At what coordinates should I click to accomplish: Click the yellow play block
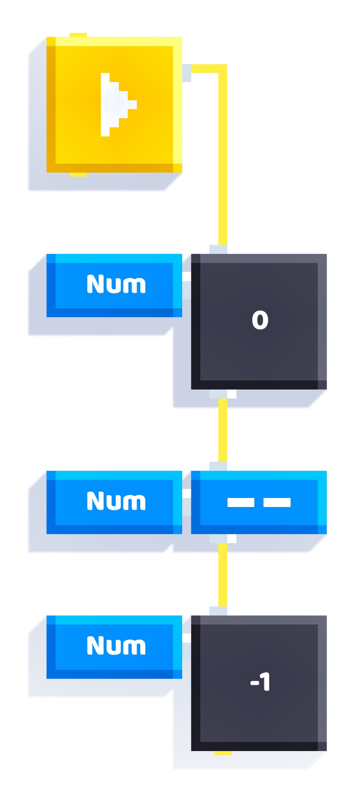click(114, 104)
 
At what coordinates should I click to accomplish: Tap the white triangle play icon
click(118, 104)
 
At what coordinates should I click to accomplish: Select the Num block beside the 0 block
click(114, 285)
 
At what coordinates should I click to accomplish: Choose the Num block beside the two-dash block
click(114, 502)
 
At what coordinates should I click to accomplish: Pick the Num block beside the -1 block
click(114, 647)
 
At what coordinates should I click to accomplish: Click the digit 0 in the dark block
click(260, 320)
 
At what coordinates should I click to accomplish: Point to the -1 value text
click(260, 682)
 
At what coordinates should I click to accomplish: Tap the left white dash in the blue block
click(241, 502)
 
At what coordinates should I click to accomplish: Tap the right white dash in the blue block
click(277, 502)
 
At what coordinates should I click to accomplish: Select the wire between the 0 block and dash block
click(223, 430)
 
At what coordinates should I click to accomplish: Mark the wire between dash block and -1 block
click(223, 575)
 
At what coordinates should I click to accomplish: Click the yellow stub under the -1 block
click(223, 753)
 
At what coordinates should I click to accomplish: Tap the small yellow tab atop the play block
click(78, 35)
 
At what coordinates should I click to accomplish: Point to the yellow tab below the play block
click(78, 174)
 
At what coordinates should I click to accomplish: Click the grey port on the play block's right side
click(187, 73)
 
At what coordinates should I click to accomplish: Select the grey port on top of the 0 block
click(218, 250)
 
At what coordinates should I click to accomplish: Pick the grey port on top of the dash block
click(218, 466)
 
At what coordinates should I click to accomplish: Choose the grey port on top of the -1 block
click(218, 611)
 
